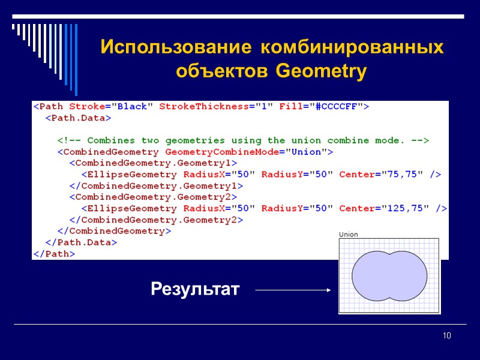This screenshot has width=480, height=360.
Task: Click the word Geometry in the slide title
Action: [x=321, y=72]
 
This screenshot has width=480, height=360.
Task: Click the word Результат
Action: [x=195, y=290]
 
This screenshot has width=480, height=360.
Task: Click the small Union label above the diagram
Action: [x=349, y=235]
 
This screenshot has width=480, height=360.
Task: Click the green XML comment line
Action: [x=243, y=140]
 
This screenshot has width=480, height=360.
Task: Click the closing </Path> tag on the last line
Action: [x=54, y=254]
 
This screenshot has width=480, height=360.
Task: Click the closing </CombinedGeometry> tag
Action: [x=114, y=231]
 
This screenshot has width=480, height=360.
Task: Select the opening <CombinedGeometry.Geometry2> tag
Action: [x=153, y=197]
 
